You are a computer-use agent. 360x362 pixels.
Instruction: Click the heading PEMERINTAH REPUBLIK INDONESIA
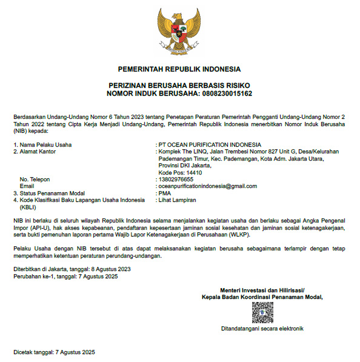[179, 69]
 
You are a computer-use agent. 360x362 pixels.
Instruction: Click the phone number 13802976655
[176, 179]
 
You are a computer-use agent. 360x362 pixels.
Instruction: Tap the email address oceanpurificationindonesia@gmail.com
[207, 186]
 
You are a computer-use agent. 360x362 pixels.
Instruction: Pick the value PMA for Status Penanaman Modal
[164, 193]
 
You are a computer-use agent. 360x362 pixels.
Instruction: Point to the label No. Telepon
[35, 179]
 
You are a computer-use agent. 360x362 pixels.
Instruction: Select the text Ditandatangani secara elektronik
[262, 329]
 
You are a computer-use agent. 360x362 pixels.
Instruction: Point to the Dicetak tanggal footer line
[55, 352]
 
